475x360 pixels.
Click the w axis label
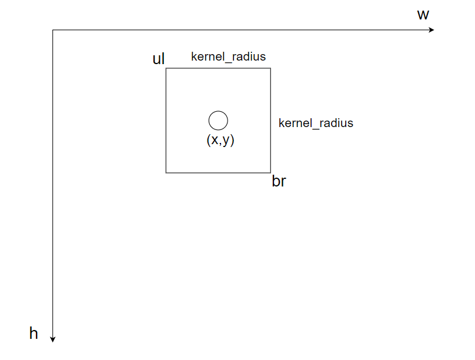(423, 15)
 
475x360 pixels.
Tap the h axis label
(34, 334)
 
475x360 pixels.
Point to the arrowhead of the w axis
(432, 30)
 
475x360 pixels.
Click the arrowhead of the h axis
(53, 338)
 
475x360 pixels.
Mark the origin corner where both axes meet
(53, 30)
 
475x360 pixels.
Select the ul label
(159, 58)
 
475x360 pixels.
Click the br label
(279, 181)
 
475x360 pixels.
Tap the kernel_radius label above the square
(228, 57)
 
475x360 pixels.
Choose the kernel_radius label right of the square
(316, 123)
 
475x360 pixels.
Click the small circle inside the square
(218, 120)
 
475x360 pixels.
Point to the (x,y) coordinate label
(220, 140)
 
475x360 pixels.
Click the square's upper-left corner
(166, 68)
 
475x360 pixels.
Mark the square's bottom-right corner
(270, 172)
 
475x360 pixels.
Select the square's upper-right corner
(270, 68)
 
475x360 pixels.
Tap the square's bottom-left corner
(166, 172)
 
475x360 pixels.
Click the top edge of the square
(218, 68)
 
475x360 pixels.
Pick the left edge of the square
(166, 121)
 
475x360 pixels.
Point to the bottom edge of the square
(218, 172)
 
